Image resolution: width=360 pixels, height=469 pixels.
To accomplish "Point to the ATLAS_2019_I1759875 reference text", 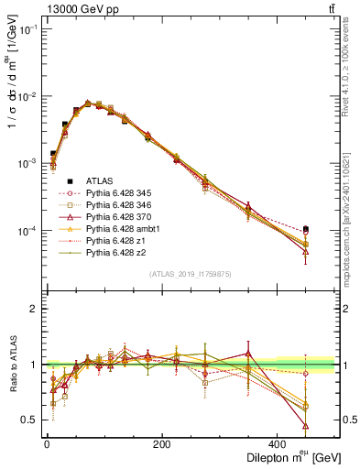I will [190, 273].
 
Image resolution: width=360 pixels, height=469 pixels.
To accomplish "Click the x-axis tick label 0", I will [46, 443].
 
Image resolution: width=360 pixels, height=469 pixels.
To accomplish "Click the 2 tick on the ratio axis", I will [34, 309].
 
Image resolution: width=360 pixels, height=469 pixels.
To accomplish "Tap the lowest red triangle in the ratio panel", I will [330, 426].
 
